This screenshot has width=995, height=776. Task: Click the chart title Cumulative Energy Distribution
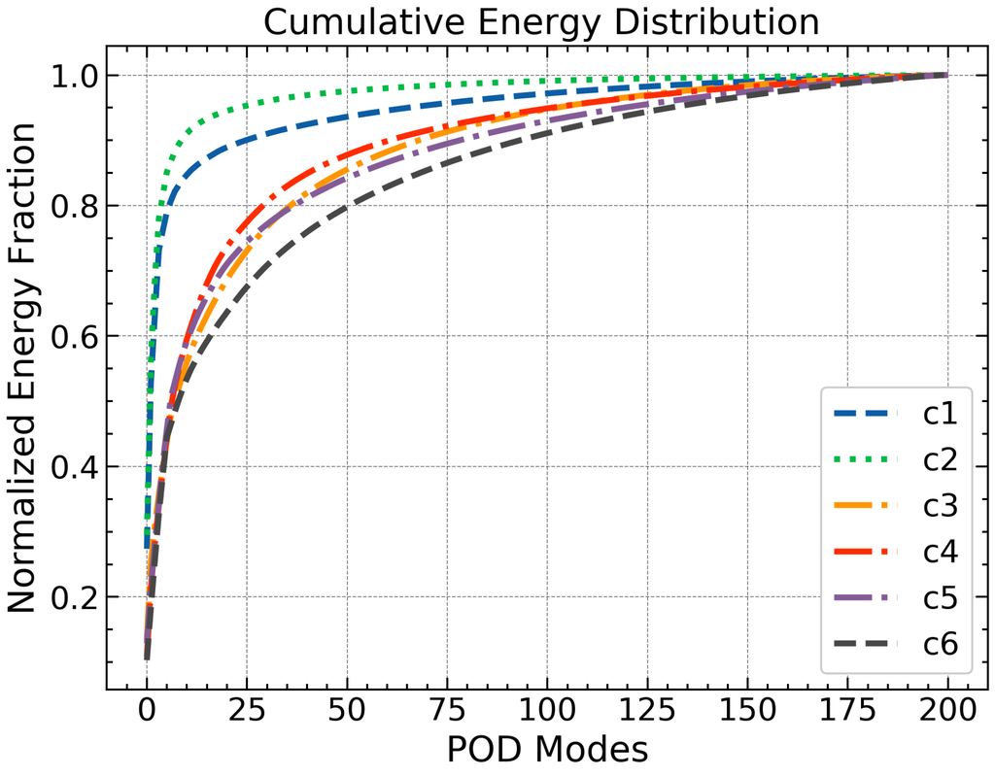click(x=542, y=21)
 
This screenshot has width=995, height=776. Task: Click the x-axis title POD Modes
click(x=546, y=750)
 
